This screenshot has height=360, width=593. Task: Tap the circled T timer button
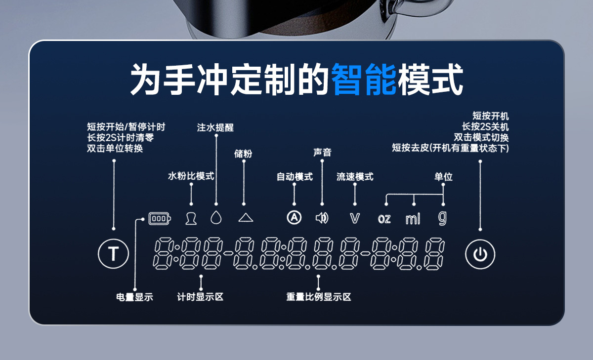[x=113, y=254]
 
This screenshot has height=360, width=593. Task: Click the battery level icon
[x=160, y=218]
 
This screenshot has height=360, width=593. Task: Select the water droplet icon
[x=215, y=217]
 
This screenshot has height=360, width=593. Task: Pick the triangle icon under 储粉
[x=245, y=217]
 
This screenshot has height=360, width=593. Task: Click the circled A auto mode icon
[x=295, y=218]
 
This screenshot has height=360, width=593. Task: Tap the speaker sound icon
[x=322, y=218]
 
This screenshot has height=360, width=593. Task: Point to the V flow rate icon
[x=355, y=218]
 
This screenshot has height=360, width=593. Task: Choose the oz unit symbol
[x=384, y=219]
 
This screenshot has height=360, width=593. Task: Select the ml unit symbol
[x=413, y=219]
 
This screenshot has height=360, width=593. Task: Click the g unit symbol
[x=442, y=218]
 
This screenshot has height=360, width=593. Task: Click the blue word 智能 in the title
[x=364, y=79]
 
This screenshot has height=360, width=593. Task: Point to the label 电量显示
[x=134, y=297]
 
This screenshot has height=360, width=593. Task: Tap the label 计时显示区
[x=201, y=297]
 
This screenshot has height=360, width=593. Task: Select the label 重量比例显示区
[x=318, y=297]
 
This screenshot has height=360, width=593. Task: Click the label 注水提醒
[x=215, y=127]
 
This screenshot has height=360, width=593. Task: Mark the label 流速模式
[x=355, y=177]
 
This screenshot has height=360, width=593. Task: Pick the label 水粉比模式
[x=191, y=176]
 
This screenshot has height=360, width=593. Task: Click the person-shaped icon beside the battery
[x=191, y=218]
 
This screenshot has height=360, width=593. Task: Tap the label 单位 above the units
[x=443, y=177]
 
